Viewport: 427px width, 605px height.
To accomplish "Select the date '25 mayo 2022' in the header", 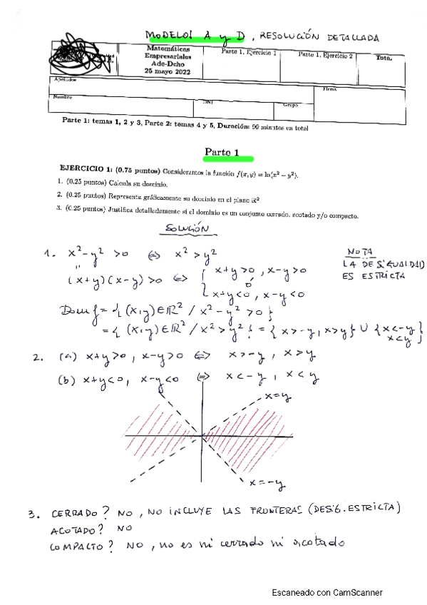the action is coord(168,71).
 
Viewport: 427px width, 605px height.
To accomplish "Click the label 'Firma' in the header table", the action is coord(329,90).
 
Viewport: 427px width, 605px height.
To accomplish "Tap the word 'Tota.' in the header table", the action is coord(384,58).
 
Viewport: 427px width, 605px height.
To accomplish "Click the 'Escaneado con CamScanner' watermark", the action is coord(327,591).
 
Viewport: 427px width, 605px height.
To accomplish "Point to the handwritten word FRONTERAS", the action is coord(269,511).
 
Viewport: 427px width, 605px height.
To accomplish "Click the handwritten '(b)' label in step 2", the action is coord(67,380).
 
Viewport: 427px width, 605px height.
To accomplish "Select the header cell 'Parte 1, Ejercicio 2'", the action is coord(325,55).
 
